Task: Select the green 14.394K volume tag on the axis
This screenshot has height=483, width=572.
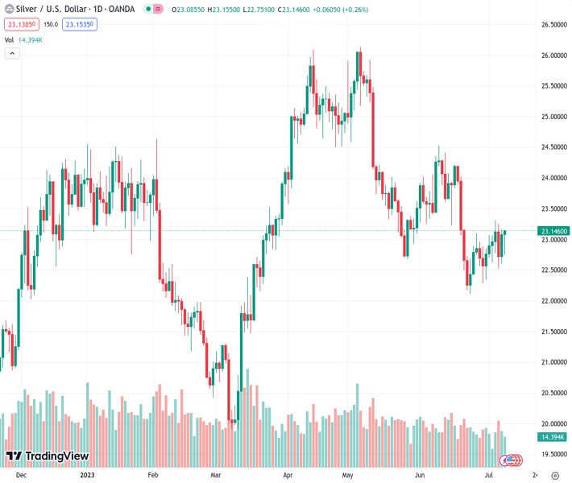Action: click(552, 436)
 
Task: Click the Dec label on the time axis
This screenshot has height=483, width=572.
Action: click(21, 475)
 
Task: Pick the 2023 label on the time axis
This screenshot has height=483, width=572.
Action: click(88, 475)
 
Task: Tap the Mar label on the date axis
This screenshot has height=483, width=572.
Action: click(215, 475)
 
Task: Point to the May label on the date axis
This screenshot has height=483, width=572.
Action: click(348, 475)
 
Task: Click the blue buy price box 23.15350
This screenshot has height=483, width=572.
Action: click(79, 25)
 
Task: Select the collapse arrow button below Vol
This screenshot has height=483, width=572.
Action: click(12, 53)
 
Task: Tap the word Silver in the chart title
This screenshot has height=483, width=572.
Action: click(27, 9)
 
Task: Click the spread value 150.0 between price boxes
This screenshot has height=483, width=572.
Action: click(51, 25)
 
